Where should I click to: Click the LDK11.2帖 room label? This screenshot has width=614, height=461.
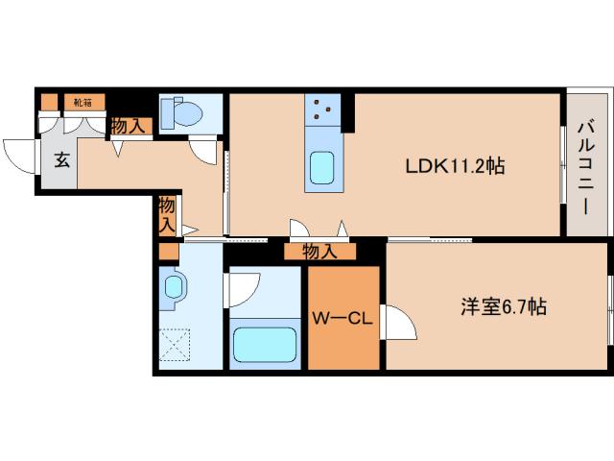click(454, 165)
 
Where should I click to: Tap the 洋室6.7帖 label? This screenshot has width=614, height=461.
click(504, 307)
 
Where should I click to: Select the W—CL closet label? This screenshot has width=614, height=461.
click(342, 318)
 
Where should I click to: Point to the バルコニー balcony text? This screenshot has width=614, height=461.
click(587, 164)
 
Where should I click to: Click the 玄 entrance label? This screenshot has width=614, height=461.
click(60, 159)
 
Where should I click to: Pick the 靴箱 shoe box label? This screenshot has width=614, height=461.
click(76, 99)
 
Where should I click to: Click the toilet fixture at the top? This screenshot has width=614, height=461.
click(182, 113)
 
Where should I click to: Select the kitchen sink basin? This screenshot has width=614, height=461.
click(320, 170)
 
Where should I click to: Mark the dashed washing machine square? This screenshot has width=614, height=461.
click(176, 344)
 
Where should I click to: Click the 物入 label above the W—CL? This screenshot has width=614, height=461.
click(319, 252)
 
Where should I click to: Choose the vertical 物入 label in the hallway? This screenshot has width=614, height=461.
click(166, 215)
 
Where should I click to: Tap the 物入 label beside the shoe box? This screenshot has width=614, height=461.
click(129, 125)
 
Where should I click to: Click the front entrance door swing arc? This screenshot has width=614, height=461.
click(21, 154)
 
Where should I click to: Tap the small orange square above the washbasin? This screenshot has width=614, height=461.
click(168, 253)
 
